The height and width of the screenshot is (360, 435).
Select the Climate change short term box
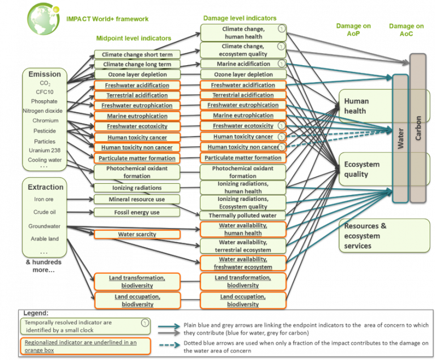pos(137,54)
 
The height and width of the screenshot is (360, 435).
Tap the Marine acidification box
pos(242,64)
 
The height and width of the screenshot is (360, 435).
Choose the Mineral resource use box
pos(137,200)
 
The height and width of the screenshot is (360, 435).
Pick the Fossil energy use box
pos(137,213)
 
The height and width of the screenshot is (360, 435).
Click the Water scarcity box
pos(137,234)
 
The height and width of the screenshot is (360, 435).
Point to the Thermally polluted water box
pos(242,215)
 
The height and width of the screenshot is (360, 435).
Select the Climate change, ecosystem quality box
pos(242,50)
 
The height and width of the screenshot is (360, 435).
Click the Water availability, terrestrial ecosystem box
pos(242,246)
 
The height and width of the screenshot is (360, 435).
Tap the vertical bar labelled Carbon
pos(419,128)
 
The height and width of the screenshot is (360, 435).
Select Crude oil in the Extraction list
pos(44,212)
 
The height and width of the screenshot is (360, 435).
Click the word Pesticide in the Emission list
pos(44,131)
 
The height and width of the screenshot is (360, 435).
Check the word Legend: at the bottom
pos(36,313)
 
